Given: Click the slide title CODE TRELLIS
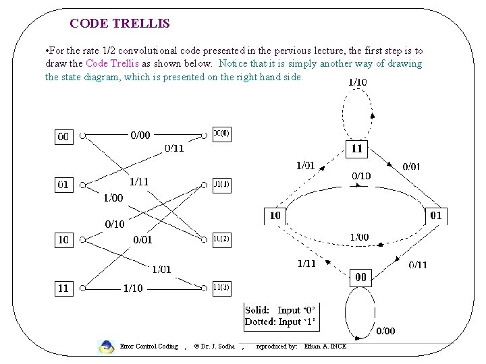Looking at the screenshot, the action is coord(119,24).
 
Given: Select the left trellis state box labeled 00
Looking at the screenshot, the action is coord(63,136).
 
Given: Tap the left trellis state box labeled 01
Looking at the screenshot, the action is coord(63,184).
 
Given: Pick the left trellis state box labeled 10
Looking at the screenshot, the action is coord(63,240).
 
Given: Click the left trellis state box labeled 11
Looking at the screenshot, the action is coord(63,288).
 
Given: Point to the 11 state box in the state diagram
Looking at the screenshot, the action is coord(356,149).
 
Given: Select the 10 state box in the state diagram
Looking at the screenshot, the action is coord(275,216).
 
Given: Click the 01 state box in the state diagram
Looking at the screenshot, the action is coord(435,216).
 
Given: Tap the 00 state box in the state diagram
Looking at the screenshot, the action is coord(361,277).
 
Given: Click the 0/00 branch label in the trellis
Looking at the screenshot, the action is coord(140,135).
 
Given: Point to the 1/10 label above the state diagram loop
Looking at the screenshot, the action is coord(357,82).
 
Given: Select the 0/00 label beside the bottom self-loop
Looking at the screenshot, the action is coord(385,330).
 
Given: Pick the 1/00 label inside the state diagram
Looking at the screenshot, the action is coord(359,237).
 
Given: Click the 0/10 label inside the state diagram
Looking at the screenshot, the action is coord(360,176).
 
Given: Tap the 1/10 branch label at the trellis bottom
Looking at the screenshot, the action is coord(133,288).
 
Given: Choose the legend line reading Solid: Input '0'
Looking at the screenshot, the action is coord(279,310).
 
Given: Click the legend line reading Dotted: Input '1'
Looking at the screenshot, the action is coord(279,322).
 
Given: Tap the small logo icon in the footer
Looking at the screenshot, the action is coord(106,347).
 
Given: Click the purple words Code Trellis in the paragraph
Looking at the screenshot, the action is coord(113,63).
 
